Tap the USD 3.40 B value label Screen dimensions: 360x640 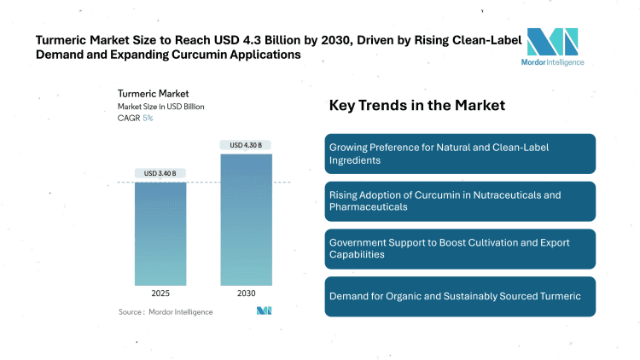click(160, 174)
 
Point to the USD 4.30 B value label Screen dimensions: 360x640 click(247, 145)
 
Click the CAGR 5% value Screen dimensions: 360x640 click(148, 118)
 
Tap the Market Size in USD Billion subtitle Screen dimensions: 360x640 click(160, 107)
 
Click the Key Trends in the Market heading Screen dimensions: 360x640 click(417, 106)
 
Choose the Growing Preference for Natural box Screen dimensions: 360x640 click(460, 154)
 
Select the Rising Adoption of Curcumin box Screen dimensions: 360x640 click(460, 201)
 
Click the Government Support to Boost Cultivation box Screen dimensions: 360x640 click(460, 248)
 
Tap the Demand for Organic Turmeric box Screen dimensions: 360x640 click(460, 296)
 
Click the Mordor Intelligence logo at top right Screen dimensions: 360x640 click(552, 47)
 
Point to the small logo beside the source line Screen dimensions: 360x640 click(264, 311)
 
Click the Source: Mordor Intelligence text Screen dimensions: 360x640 click(166, 312)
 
